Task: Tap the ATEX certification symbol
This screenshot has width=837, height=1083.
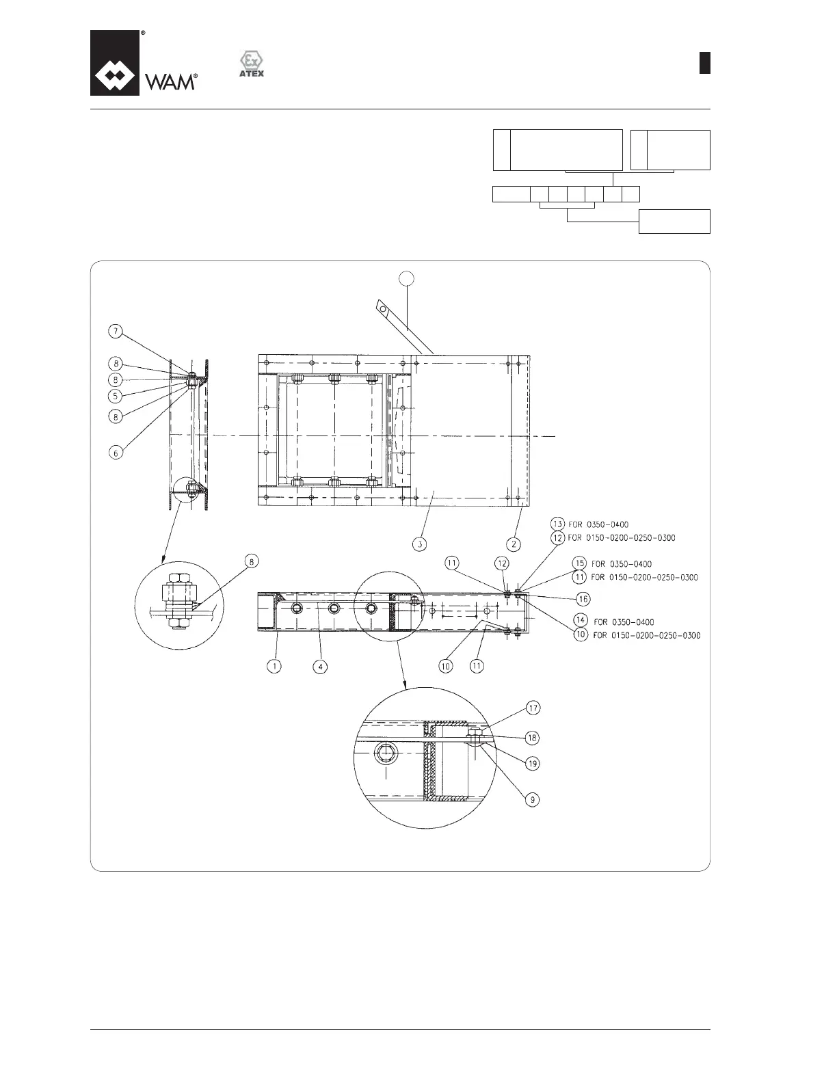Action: click(x=251, y=64)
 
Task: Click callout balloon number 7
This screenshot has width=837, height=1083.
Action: click(x=116, y=332)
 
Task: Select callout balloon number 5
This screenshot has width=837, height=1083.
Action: click(x=116, y=395)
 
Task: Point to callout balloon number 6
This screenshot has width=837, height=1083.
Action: click(x=116, y=453)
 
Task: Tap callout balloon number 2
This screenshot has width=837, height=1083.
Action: click(x=514, y=544)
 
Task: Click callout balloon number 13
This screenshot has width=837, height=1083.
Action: click(x=558, y=524)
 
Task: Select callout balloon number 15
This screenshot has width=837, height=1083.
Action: click(x=580, y=564)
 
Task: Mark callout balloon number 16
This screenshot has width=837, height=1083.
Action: click(x=583, y=599)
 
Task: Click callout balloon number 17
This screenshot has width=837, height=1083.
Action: click(x=533, y=708)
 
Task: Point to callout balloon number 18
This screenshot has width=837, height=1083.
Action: click(x=533, y=738)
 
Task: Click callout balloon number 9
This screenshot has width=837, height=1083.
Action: click(x=533, y=798)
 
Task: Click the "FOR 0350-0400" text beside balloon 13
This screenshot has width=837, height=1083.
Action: click(x=598, y=525)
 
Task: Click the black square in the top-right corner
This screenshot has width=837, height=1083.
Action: click(x=704, y=63)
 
